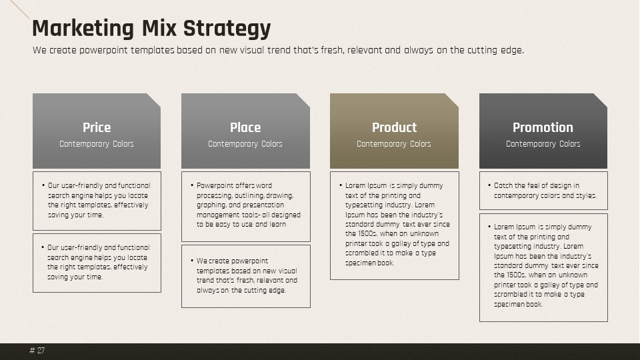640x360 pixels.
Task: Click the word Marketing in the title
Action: click(x=83, y=29)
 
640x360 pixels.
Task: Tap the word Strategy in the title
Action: click(x=227, y=29)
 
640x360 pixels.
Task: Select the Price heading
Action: click(x=97, y=127)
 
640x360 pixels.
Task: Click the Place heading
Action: click(x=245, y=127)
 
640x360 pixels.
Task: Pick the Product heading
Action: click(x=394, y=127)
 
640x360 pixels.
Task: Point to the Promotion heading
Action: click(x=543, y=127)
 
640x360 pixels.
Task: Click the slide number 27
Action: click(x=41, y=351)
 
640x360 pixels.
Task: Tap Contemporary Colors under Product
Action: click(x=394, y=144)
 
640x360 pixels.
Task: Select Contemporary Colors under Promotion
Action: click(x=543, y=144)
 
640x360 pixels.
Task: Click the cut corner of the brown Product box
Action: click(x=452, y=101)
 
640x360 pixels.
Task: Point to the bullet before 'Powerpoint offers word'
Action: click(x=192, y=185)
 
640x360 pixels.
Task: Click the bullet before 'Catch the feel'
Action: click(x=489, y=185)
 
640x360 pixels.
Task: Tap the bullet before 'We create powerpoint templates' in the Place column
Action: click(x=192, y=261)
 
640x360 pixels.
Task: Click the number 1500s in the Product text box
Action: click(x=361, y=234)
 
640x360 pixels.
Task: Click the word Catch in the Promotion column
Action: click(x=503, y=185)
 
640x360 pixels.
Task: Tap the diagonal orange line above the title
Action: click(x=20, y=9)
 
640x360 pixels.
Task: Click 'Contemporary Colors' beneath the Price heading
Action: click(x=96, y=144)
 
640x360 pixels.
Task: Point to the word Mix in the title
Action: click(x=159, y=29)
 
